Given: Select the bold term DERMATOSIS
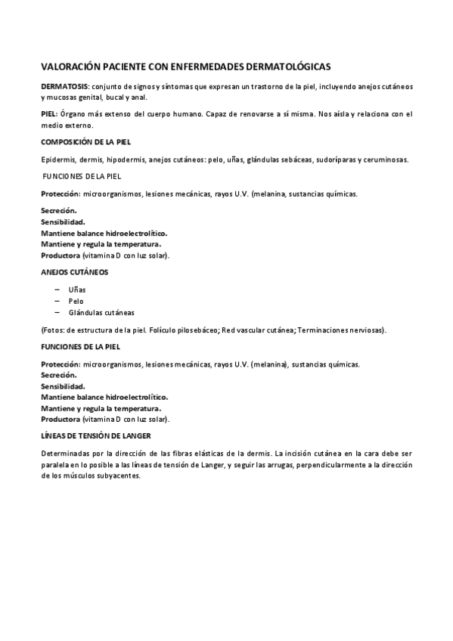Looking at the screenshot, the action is [64, 87].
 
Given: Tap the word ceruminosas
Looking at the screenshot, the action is [387, 159].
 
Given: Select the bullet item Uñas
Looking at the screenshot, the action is [76, 290].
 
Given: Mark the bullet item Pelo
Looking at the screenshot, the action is [76, 301].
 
